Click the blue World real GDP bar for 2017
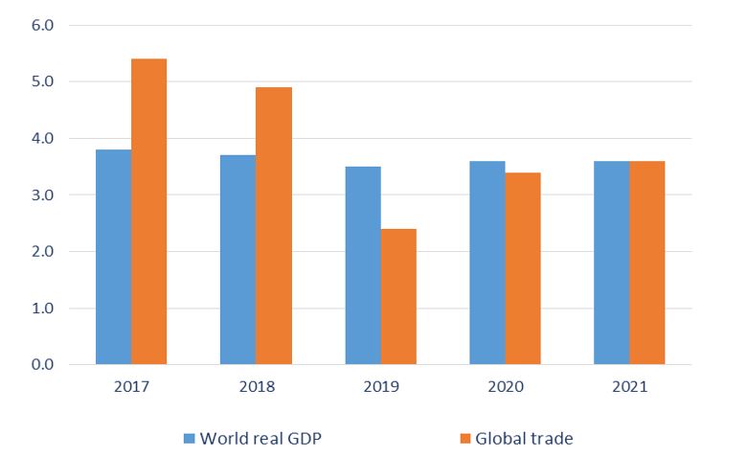tap(113, 257)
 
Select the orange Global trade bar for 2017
tap(148, 212)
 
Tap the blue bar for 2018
tap(238, 260)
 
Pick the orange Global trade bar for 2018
tap(274, 226)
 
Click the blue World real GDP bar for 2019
tap(363, 265)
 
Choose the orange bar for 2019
tap(398, 297)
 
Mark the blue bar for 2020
tap(487, 263)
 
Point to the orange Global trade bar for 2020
tap(523, 268)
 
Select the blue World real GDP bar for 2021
tap(612, 263)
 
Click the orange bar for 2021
tap(647, 263)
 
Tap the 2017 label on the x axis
tap(131, 388)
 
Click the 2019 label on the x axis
tap(380, 388)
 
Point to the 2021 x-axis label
tap(629, 388)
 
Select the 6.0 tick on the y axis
tap(43, 25)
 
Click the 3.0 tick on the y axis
tap(43, 195)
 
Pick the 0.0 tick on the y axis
tap(43, 365)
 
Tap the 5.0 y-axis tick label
tap(43, 81)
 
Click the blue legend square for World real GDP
tap(190, 438)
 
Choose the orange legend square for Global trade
tap(465, 438)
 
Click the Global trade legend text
tap(526, 438)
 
